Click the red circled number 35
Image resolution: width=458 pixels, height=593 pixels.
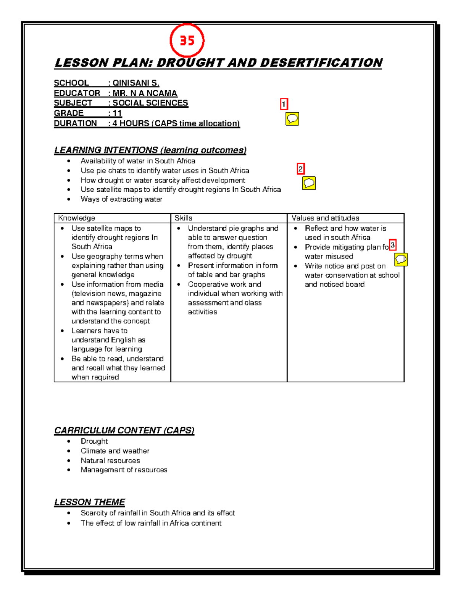(x=187, y=40)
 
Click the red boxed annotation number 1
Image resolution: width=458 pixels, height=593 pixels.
(x=284, y=104)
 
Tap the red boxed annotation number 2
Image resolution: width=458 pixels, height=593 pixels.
(x=301, y=169)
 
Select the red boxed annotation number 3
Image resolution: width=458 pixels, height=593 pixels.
(x=392, y=245)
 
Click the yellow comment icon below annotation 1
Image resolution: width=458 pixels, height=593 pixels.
(x=292, y=119)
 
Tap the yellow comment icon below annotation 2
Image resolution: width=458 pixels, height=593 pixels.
(x=309, y=183)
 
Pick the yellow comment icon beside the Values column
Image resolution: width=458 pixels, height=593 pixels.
(x=401, y=260)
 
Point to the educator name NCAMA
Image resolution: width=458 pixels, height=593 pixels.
(x=162, y=93)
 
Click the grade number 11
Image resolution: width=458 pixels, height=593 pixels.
(x=117, y=113)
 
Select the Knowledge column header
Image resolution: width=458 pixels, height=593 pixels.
(x=76, y=218)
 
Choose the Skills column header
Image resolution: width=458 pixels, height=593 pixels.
(x=183, y=218)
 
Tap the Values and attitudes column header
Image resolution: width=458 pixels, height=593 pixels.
(x=325, y=218)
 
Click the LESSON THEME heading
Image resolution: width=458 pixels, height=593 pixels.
(x=90, y=502)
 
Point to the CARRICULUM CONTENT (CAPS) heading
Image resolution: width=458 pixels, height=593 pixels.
(x=124, y=430)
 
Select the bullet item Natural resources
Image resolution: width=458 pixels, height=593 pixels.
(x=110, y=461)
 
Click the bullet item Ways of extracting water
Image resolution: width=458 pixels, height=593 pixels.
(x=121, y=199)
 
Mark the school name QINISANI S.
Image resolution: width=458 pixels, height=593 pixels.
(x=136, y=83)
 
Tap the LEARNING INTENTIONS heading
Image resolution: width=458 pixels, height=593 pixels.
(x=150, y=150)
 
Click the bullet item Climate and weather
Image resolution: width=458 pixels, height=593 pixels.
(x=115, y=451)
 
